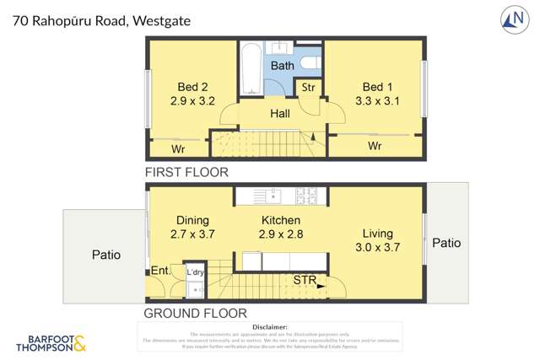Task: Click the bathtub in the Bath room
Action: (x=250, y=72)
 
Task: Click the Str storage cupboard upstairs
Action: (x=308, y=88)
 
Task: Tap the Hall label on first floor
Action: (x=280, y=113)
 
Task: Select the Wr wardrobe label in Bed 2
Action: (x=179, y=149)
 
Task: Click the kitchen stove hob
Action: (x=305, y=196)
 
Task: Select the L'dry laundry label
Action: (x=195, y=272)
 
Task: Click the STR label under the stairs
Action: (x=305, y=280)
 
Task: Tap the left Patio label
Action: (x=105, y=255)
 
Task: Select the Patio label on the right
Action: (x=446, y=243)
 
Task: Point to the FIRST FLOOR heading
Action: (x=186, y=172)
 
